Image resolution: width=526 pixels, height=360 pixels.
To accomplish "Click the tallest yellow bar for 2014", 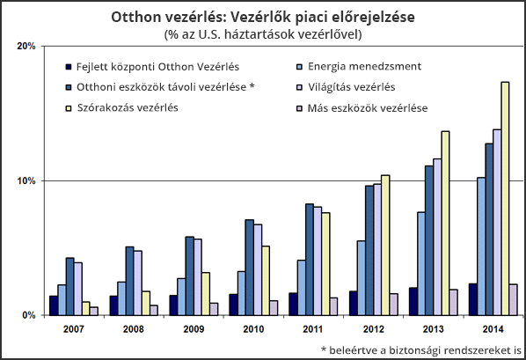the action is point(505,198).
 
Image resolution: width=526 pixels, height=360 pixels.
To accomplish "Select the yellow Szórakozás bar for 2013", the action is point(445,224).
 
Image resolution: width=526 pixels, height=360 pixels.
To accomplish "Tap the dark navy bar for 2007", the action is point(54,305).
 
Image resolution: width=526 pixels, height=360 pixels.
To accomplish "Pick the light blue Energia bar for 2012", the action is point(362,278).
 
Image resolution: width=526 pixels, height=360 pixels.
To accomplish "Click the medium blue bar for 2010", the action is point(249,268).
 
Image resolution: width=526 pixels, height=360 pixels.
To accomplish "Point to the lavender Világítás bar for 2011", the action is point(317,261).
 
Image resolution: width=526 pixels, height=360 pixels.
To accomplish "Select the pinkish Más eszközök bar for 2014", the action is point(513,300).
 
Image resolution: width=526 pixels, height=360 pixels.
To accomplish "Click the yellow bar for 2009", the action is point(206,294).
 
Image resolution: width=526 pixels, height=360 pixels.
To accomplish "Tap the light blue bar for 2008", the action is point(121,298).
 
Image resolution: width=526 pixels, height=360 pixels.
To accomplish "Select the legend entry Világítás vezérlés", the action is point(347,87).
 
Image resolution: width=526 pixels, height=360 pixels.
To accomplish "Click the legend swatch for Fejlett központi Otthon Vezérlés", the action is point(69,67).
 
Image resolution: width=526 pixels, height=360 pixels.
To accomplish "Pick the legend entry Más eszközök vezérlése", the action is point(362,108).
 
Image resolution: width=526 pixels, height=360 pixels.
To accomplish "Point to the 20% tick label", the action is point(26,46).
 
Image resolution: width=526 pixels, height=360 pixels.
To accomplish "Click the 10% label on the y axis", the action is point(26,181).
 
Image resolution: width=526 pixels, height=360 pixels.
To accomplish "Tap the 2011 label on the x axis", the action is point(313,329).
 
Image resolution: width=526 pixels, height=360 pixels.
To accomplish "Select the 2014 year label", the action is point(493,329).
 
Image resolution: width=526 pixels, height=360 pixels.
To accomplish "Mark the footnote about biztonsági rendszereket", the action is point(421,350).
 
